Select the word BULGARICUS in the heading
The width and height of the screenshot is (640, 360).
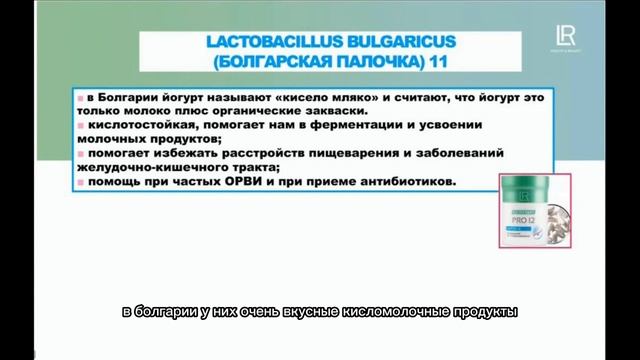(389, 42)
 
